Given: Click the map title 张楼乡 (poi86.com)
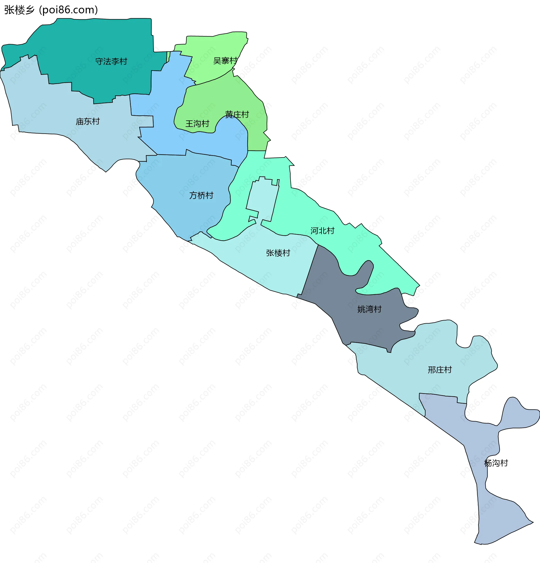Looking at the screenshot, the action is click(51, 10).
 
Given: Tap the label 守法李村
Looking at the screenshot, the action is click(111, 61).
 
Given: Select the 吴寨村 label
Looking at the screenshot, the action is click(225, 61).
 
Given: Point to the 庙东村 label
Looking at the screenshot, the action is click(87, 122).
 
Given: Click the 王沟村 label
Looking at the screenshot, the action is click(197, 124).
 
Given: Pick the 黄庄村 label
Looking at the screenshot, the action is click(237, 115).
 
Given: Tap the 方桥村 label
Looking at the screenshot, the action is click(201, 196).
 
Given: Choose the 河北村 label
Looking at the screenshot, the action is click(322, 231).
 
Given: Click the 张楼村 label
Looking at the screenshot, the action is click(278, 253).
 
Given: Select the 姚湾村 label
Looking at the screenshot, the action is click(369, 309).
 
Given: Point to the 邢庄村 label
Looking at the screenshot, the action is click(440, 370).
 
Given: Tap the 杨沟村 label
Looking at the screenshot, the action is click(496, 463).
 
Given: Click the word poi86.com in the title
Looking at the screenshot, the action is click(68, 10).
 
